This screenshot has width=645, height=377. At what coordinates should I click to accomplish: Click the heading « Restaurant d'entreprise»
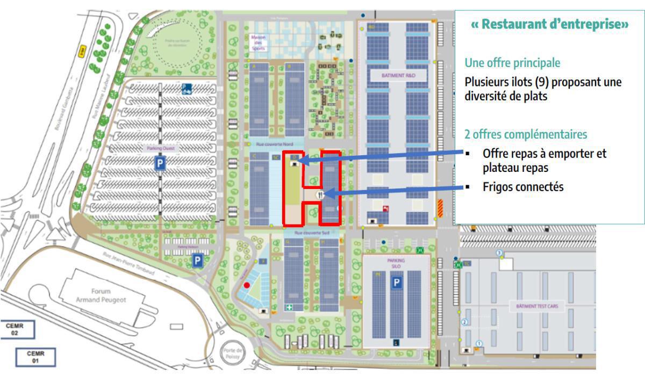point(550,25)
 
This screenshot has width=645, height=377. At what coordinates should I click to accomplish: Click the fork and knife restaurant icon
point(321,195)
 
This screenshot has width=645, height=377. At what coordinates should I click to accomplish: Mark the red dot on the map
point(247,285)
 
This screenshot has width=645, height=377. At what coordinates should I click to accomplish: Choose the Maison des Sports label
point(259,43)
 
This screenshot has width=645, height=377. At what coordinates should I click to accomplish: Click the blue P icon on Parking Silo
point(397,282)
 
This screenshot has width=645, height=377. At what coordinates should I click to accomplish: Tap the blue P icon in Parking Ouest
point(160,164)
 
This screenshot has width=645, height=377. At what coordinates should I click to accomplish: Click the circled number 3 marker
point(499,252)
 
